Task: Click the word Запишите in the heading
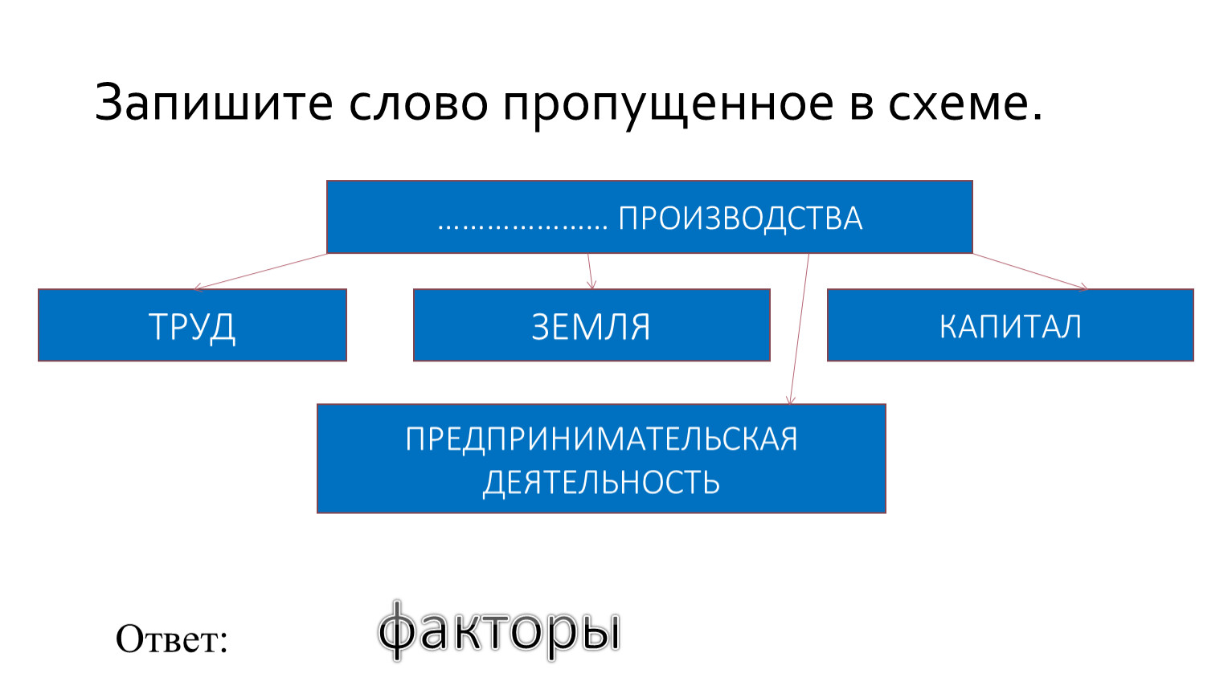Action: coord(214,102)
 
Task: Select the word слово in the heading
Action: coord(419,104)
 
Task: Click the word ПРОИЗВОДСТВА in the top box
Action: coord(740,218)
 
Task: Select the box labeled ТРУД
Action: coord(193,325)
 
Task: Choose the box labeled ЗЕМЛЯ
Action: coord(591,325)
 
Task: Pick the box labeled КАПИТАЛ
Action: coord(1010,325)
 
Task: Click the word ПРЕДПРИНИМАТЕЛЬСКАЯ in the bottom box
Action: coord(601,439)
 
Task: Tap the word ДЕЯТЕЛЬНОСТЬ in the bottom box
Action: coord(601,483)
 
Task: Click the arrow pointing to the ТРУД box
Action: coord(260,271)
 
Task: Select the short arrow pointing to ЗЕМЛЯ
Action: coord(590,271)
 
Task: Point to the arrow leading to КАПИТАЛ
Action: coord(1030,271)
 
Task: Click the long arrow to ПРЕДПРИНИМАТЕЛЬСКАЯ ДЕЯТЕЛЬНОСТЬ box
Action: coord(800,329)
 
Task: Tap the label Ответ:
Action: coord(172,639)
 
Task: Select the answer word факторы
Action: coord(499,631)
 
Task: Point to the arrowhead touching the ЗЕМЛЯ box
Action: coord(591,285)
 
